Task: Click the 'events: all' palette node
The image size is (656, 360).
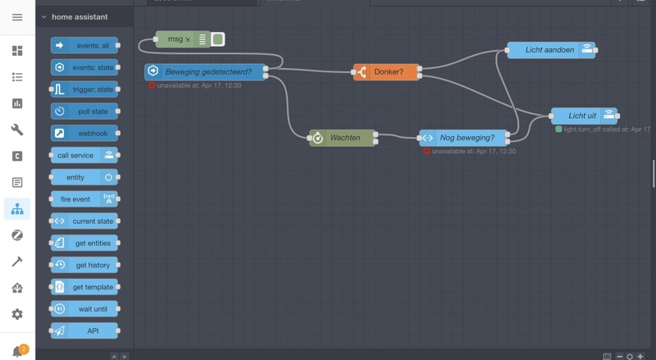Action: (84, 45)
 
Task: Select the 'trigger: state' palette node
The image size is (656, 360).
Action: (84, 89)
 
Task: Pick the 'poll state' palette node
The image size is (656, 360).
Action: (84, 112)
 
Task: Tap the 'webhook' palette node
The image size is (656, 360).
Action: (84, 133)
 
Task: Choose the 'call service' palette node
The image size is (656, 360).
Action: (84, 155)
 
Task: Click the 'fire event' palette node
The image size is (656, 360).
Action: (84, 199)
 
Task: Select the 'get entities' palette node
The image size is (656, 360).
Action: (84, 243)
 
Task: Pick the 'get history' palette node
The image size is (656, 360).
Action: (84, 265)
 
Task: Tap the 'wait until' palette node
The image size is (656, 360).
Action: (84, 309)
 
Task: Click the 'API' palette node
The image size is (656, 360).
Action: (84, 330)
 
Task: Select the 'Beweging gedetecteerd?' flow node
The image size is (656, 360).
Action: (206, 72)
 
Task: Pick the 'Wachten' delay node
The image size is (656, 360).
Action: (341, 138)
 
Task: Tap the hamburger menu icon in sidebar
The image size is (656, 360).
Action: (17, 17)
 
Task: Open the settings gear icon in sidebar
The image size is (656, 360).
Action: (17, 314)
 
